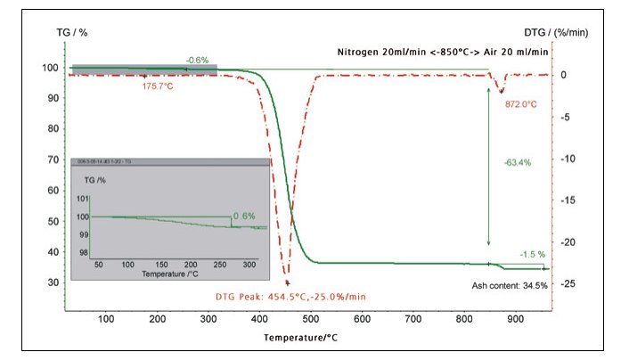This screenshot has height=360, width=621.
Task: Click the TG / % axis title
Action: click(x=70, y=33)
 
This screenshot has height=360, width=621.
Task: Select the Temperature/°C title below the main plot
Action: click(x=300, y=339)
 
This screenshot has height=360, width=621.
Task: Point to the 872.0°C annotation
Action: click(x=521, y=104)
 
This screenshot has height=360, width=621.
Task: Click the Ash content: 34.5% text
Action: click(x=510, y=285)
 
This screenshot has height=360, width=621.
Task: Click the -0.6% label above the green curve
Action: click(x=197, y=60)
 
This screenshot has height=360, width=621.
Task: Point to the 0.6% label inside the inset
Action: click(x=243, y=216)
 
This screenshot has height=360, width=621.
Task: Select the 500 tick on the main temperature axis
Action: click(x=311, y=319)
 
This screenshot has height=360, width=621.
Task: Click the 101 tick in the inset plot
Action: click(x=83, y=199)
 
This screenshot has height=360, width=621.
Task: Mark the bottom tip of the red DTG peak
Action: click(x=287, y=282)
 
